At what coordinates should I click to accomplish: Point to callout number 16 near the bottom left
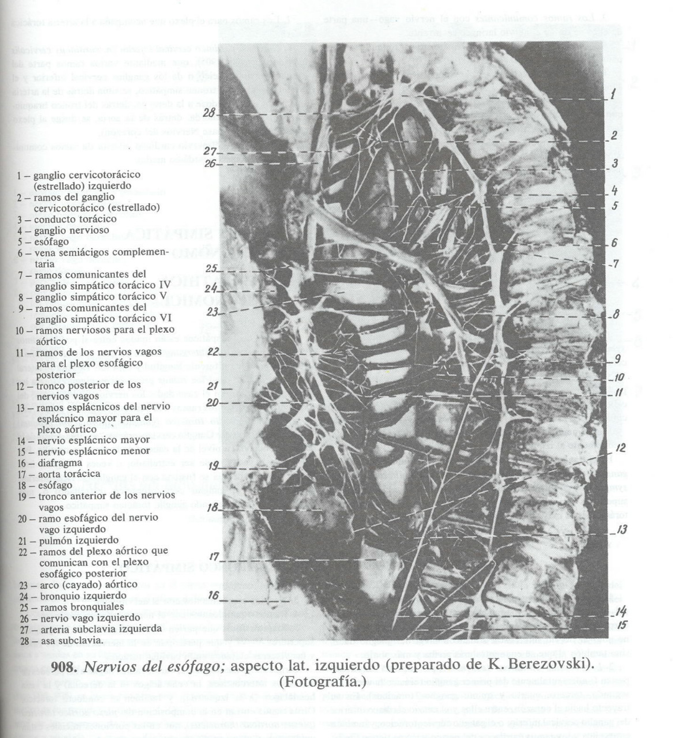(x=213, y=594)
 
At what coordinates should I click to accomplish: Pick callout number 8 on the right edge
(x=616, y=315)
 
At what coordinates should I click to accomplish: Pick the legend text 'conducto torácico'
(x=75, y=219)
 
